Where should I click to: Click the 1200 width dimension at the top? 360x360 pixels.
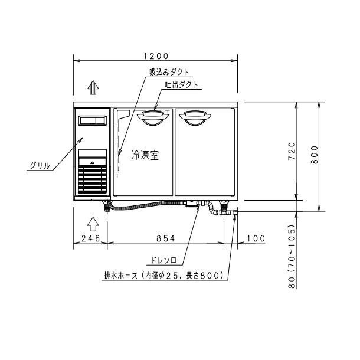[x=156, y=56]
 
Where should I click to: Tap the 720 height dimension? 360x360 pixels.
[x=292, y=151]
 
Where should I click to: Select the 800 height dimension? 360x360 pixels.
[x=315, y=155]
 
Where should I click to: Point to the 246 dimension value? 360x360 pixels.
[x=91, y=238]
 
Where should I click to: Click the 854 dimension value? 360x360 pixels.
[x=165, y=238]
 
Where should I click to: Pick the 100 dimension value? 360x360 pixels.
[x=256, y=238]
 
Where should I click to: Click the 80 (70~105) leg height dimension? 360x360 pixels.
[x=292, y=256]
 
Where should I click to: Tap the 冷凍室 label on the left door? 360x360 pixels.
[x=145, y=155]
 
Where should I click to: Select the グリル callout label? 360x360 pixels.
[x=40, y=165]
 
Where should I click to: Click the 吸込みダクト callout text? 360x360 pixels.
[x=169, y=73]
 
